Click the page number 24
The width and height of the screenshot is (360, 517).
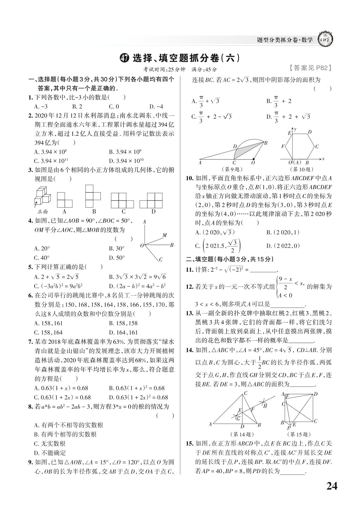tap(332, 486)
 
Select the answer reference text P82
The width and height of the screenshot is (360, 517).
tap(322, 68)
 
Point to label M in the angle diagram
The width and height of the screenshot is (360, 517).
tap(164, 235)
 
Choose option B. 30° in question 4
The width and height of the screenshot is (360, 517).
tap(117, 249)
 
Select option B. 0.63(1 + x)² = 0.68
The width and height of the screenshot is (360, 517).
tap(137, 388)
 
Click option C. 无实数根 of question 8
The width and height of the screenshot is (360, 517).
tap(50, 443)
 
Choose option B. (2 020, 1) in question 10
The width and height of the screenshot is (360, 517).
tap(283, 233)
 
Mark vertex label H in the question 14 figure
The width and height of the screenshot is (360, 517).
tap(265, 406)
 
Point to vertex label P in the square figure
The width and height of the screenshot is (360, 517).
tap(289, 428)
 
